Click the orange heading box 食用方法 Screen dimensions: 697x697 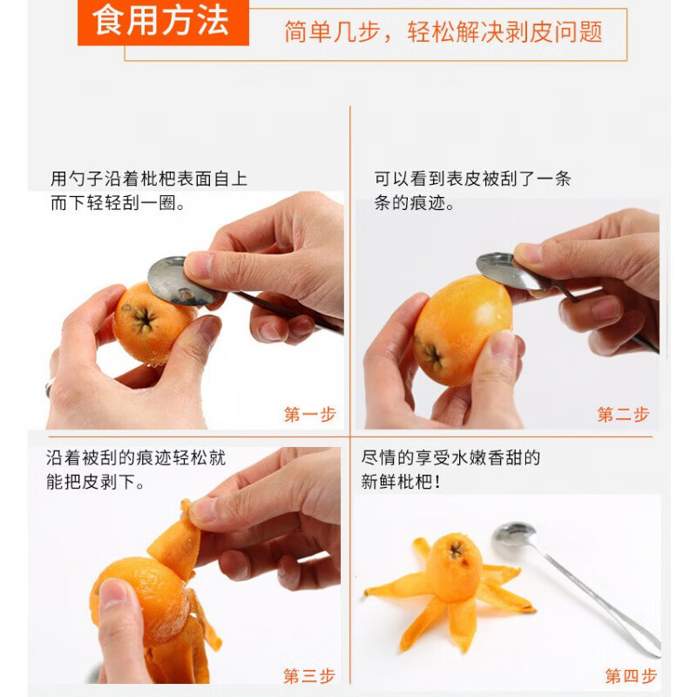coord(163,23)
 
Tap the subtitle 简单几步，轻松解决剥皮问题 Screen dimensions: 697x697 coord(443,32)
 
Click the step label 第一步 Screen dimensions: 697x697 coord(310,415)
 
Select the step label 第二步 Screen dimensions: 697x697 coord(623,415)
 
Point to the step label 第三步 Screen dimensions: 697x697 coord(309,676)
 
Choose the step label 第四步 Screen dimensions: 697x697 coord(631,676)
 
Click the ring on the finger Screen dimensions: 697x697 coord(50,387)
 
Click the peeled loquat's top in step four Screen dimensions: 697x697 coord(455,552)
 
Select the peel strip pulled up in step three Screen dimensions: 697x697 coord(176,540)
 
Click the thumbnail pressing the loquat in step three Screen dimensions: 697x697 coord(113,594)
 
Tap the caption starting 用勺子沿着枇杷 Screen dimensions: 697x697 coord(148,191)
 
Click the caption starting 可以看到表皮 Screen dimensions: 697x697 coord(472,191)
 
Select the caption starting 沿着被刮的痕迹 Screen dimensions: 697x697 coord(136,470)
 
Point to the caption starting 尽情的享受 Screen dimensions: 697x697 coord(450,470)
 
